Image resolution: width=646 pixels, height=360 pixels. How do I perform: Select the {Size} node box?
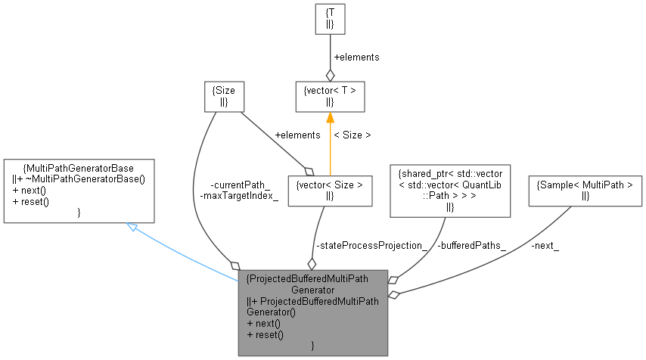(225, 95)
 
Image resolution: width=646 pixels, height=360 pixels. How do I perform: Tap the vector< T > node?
(330, 95)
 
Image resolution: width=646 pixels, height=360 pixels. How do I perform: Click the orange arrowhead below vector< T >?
(330, 117)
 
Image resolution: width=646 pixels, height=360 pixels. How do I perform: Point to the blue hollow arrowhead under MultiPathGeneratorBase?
(132, 227)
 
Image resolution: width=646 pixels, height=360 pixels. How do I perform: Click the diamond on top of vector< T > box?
(330, 75)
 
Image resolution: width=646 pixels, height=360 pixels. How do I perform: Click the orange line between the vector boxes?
(330, 147)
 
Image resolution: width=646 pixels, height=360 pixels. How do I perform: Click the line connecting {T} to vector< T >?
(330, 53)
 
